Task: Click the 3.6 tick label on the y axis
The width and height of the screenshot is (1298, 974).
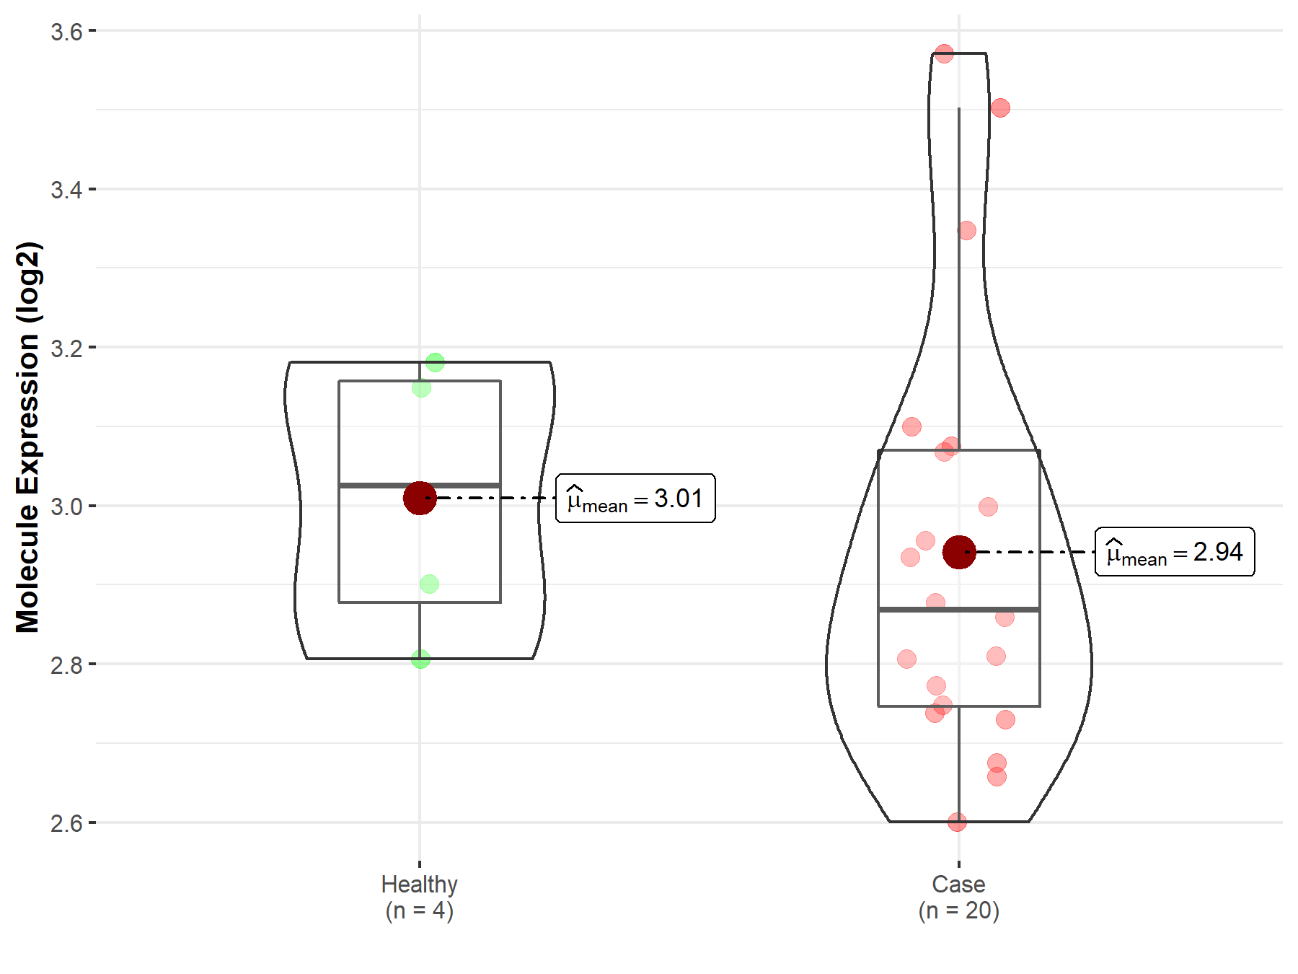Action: click(66, 32)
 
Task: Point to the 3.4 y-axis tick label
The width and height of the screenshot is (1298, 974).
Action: click(66, 190)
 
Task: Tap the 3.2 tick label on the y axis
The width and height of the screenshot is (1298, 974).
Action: click(66, 348)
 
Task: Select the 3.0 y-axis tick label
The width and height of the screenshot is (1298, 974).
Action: click(66, 506)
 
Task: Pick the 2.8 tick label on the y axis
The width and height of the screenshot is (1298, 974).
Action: click(66, 664)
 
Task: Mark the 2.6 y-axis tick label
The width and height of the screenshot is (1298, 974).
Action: click(66, 823)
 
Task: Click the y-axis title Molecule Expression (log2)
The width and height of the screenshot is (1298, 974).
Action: click(28, 437)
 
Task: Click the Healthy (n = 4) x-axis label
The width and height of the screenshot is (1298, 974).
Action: click(420, 898)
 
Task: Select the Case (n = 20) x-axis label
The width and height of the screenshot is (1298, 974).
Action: click(959, 898)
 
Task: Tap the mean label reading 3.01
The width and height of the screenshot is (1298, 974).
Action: click(635, 499)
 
